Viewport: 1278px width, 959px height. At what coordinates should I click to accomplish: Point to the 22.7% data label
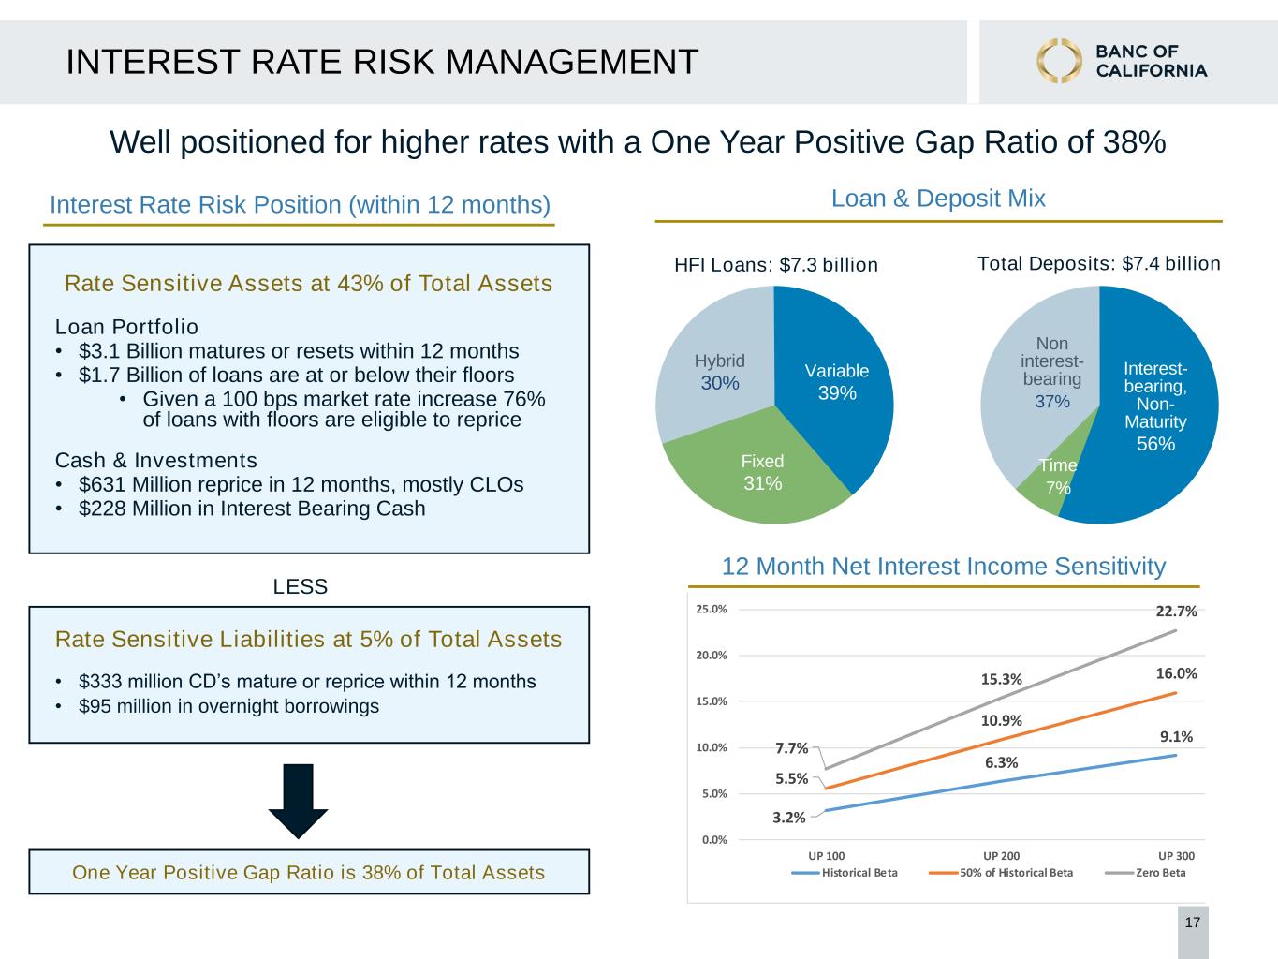click(1176, 612)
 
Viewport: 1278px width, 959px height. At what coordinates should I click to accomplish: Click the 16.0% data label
click(1176, 673)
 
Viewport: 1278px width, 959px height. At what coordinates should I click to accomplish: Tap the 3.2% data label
click(789, 818)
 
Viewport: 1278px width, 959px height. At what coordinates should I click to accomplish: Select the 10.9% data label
click(1001, 721)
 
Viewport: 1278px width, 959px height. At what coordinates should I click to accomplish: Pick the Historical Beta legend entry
click(845, 873)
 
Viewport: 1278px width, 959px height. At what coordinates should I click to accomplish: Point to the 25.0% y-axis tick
click(712, 609)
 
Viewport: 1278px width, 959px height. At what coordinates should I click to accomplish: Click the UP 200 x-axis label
click(1002, 856)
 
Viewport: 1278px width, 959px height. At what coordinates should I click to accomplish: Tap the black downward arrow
click(298, 802)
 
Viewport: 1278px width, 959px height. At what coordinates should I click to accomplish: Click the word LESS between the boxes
click(301, 586)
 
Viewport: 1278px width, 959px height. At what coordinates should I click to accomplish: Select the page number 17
click(1193, 922)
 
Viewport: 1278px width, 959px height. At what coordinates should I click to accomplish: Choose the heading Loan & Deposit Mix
click(938, 199)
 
